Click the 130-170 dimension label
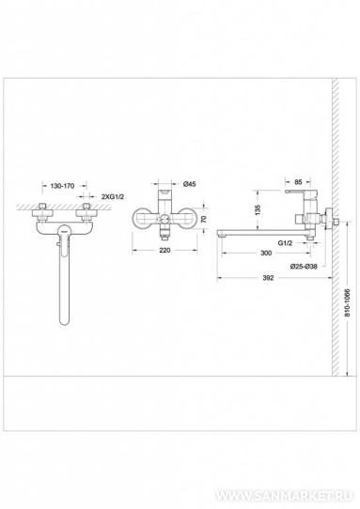[62, 186]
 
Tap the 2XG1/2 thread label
[113, 196]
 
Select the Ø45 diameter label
[190, 184]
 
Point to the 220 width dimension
[164, 251]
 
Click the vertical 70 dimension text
[204, 219]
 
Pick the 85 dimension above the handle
[298, 182]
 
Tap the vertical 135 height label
[258, 209]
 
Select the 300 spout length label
[266, 253]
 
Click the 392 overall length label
[268, 278]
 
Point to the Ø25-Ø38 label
[304, 267]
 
